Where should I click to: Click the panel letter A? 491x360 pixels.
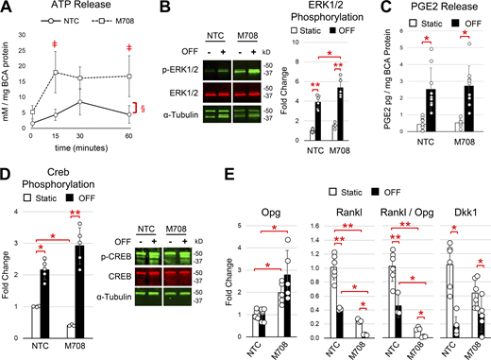[7, 9]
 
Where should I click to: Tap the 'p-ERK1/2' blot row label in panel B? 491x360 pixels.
[189, 69]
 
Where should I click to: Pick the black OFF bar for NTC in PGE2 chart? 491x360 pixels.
[422, 113]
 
